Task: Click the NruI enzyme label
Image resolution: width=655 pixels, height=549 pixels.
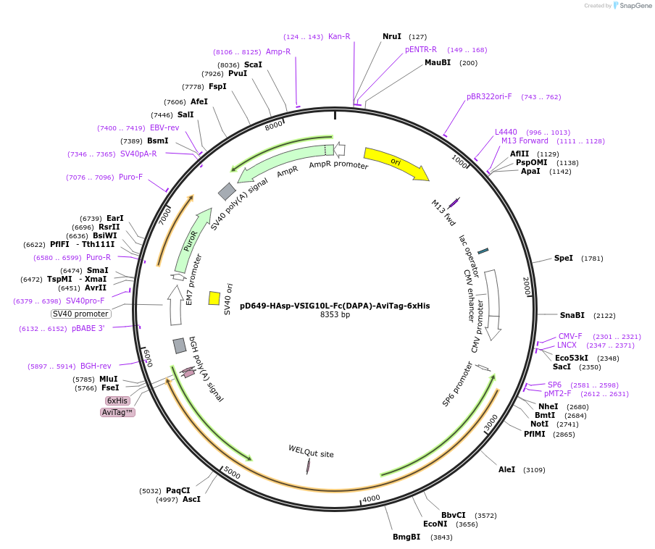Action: coord(392,36)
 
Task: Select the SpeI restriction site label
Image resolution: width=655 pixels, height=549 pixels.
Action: coord(564,258)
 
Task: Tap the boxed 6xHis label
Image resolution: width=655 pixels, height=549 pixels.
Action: coord(117,401)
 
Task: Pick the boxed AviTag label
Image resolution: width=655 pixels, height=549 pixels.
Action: coord(117,412)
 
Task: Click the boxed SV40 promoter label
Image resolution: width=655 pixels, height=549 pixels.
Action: coord(81,314)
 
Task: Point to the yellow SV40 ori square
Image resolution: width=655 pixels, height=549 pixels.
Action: coord(214,298)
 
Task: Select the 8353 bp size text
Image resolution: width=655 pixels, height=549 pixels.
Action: coord(335,315)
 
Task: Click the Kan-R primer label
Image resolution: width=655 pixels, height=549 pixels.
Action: coord(339,36)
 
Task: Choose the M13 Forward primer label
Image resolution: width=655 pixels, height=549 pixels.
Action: coord(525,141)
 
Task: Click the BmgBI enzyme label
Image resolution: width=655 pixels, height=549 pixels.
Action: coord(406,537)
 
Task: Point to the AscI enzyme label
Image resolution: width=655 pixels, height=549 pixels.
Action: coord(191,499)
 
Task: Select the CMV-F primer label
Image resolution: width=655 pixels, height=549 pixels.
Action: coord(570,336)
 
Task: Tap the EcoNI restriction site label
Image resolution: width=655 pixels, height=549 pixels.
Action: coord(435,524)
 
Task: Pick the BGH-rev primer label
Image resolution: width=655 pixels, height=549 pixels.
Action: coord(96,366)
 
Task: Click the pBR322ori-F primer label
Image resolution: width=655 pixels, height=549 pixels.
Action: coord(489,96)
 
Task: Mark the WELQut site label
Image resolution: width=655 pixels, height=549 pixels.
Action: coord(311,453)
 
